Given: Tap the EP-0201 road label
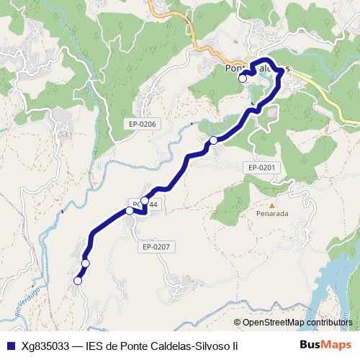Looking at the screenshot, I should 262,168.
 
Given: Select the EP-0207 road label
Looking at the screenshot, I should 156,247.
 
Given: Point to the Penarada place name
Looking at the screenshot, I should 272,214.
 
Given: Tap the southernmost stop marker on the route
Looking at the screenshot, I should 78,281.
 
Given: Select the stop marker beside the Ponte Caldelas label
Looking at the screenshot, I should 242,78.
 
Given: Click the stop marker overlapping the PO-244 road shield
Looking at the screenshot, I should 145,200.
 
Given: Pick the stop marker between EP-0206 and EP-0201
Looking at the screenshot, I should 213,140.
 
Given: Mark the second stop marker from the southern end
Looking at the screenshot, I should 85,264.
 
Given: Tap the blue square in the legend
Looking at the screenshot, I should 9,346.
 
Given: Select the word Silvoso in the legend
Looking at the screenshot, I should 206,346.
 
